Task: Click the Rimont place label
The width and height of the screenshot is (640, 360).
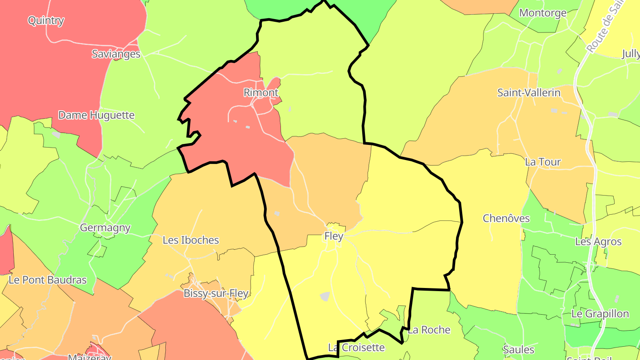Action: [261, 92]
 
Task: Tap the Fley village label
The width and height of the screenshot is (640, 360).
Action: [334, 236]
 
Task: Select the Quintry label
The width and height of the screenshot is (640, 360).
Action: [46, 20]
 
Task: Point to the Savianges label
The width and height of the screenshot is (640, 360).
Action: [116, 54]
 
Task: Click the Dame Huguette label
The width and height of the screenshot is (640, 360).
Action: [96, 115]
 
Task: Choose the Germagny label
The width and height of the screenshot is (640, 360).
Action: [105, 228]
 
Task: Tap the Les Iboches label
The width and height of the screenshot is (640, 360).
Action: [191, 240]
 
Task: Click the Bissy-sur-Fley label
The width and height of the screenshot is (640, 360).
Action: [216, 294]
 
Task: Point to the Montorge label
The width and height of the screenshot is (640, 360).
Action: [543, 13]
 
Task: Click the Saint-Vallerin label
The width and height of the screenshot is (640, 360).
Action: [529, 93]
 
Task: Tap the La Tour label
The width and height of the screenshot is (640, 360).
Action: [543, 162]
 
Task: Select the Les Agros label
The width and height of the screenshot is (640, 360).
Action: [598, 242]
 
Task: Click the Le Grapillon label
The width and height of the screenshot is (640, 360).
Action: [600, 314]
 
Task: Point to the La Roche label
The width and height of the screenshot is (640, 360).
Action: [429, 330]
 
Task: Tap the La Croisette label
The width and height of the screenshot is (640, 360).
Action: [356, 347]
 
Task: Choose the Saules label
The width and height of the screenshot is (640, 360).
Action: [518, 349]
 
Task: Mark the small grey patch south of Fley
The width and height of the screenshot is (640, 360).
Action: [325, 296]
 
